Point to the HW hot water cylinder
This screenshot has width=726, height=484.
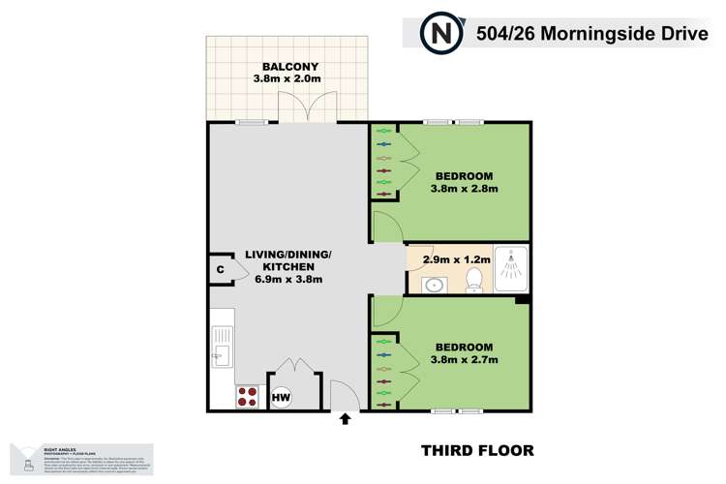pyautogui.click(x=281, y=397)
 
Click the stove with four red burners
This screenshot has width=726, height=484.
pyautogui.click(x=247, y=396)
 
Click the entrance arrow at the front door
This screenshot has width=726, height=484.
pyautogui.click(x=346, y=419)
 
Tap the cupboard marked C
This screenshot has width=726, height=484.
pyautogui.click(x=220, y=269)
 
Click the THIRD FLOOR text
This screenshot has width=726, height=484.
pyautogui.click(x=477, y=451)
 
